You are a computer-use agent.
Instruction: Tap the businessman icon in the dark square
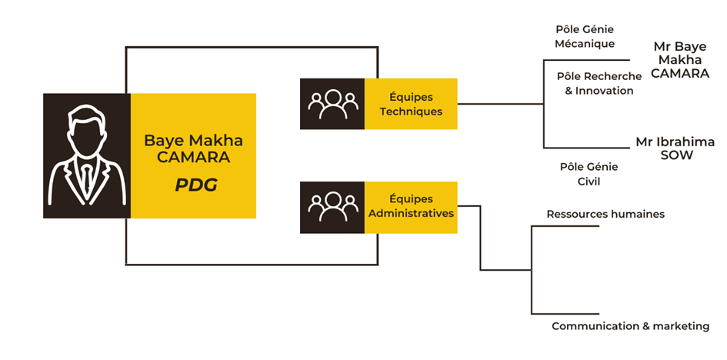coord(86,155)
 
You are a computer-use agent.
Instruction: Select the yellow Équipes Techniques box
coord(411,104)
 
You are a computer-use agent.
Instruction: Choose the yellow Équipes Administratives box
coord(411,207)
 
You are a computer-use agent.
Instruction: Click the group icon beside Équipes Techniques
coord(332,104)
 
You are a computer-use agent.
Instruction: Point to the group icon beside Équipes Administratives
coord(332,207)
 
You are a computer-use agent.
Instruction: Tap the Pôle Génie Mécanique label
coord(585,36)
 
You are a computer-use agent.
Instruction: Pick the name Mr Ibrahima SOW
coord(675,148)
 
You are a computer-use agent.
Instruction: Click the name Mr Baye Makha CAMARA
coord(680,60)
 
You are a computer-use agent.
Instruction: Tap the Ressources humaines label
coord(605,214)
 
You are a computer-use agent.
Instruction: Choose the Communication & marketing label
coord(630,326)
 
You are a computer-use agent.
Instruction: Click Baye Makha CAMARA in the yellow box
coord(193,148)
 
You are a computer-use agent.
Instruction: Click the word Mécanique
coord(585,44)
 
